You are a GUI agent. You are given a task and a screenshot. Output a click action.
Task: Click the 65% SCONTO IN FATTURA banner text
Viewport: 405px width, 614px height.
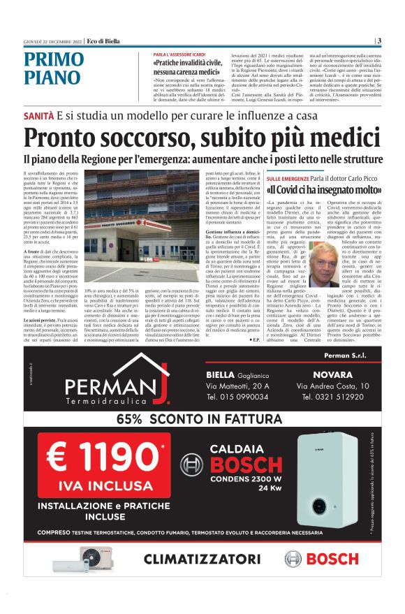click(x=202, y=419)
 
